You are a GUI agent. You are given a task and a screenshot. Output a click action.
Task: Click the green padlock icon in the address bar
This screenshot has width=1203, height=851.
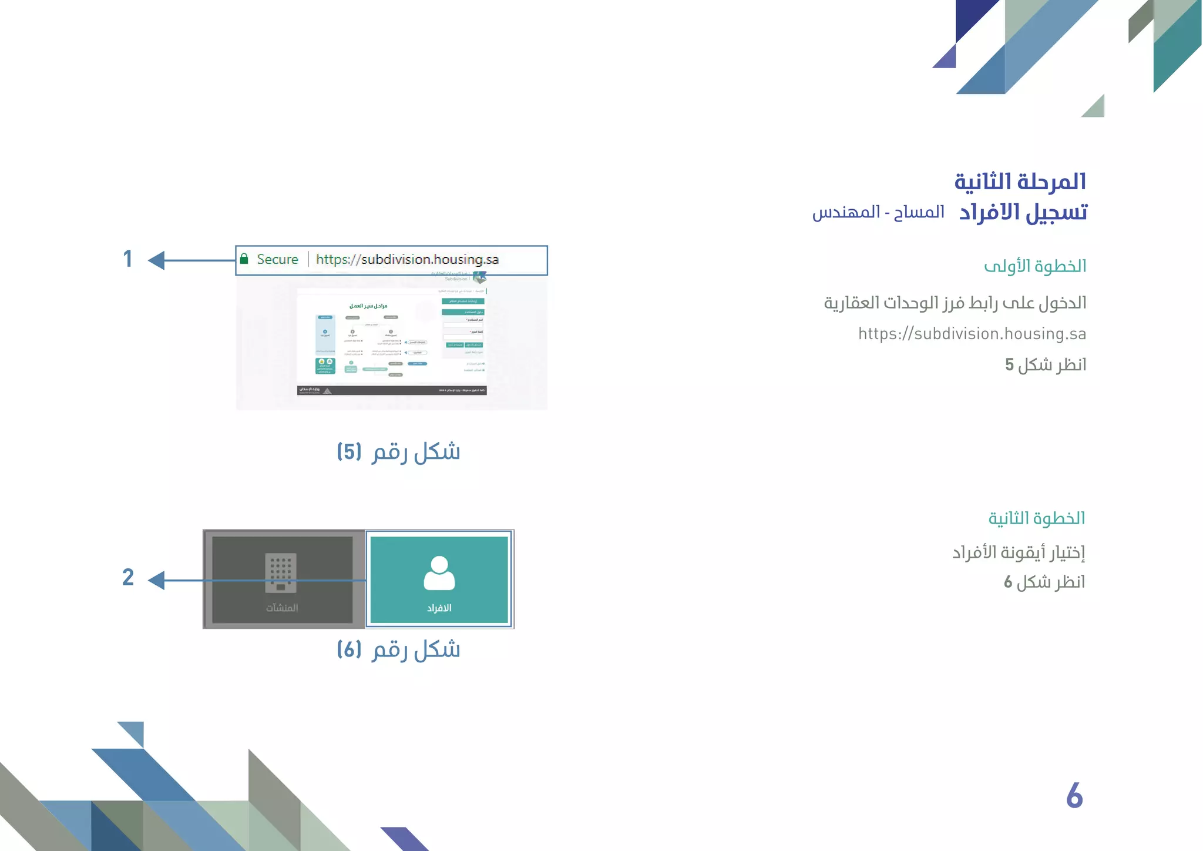[x=244, y=259]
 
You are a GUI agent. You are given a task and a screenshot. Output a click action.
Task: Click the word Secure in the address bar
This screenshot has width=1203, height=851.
[x=277, y=259]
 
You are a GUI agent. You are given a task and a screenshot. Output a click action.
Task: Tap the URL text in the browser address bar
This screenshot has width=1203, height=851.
[x=407, y=259]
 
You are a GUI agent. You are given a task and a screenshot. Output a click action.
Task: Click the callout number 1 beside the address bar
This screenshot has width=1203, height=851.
[x=127, y=259]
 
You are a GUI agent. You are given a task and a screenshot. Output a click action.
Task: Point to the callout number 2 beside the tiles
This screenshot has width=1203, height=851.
[x=128, y=577]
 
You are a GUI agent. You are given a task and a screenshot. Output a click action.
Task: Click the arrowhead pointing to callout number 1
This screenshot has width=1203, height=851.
[x=156, y=260]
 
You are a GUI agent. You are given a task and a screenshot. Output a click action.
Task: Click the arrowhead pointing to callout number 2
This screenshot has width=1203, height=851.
[x=156, y=581]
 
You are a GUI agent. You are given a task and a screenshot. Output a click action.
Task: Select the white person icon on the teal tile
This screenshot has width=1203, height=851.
[x=439, y=573]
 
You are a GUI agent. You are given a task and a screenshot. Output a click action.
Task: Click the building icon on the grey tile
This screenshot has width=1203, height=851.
[x=281, y=572]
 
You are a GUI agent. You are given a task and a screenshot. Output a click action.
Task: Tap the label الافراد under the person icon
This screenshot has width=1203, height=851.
[x=439, y=608]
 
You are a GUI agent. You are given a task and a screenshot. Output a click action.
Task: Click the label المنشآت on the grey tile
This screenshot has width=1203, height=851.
[x=282, y=608]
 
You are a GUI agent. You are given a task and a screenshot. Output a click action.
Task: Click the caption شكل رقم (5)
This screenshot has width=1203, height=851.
[x=398, y=452]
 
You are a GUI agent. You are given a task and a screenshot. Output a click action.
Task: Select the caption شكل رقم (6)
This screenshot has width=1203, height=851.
[x=398, y=650]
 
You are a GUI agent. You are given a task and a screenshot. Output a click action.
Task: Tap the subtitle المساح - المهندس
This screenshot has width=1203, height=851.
[x=878, y=212]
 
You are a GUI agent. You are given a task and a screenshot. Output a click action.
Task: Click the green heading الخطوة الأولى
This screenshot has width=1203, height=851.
[x=1035, y=266]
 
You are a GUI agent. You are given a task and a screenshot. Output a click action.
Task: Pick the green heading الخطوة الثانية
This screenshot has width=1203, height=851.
[x=1036, y=518]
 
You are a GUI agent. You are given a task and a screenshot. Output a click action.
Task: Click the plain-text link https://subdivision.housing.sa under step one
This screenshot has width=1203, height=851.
[x=972, y=334]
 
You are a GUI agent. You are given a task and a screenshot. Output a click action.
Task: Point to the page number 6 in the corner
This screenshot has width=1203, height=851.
[x=1074, y=796]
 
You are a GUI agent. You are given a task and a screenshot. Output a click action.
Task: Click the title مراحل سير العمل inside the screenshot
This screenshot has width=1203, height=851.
[x=368, y=306]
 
